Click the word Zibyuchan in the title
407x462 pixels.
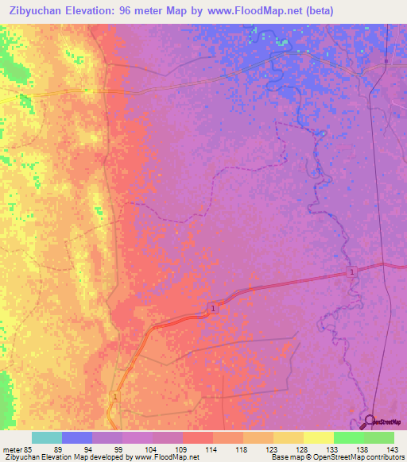tap(41, 10)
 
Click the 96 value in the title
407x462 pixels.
tap(135, 10)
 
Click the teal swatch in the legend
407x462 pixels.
tap(47, 437)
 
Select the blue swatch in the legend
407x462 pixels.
tap(77, 437)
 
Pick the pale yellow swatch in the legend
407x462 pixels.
tap(319, 437)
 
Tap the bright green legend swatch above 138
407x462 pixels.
tap(349, 437)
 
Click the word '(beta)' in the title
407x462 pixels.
tap(316, 10)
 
